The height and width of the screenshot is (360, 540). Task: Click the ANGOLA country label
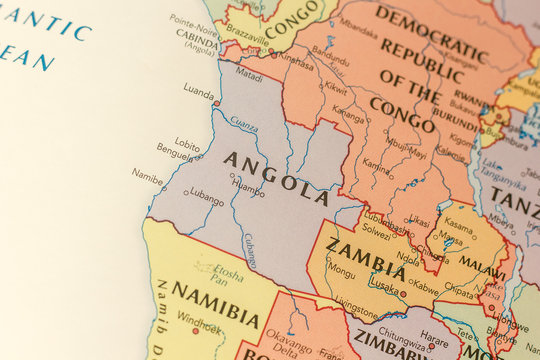pyautogui.click(x=276, y=172)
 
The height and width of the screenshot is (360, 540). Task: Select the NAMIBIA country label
pyautogui.click(x=216, y=303)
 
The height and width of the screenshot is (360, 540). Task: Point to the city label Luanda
pyautogui.click(x=198, y=89)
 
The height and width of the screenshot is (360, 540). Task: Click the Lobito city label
pyautogui.click(x=187, y=143)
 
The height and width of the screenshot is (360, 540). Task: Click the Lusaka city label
pyautogui.click(x=384, y=284)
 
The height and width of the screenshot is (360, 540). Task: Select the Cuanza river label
pyautogui.click(x=244, y=126)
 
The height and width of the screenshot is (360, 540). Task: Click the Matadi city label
pyautogui.click(x=249, y=74)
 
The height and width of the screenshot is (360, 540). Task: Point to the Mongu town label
pyautogui.click(x=341, y=269)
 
